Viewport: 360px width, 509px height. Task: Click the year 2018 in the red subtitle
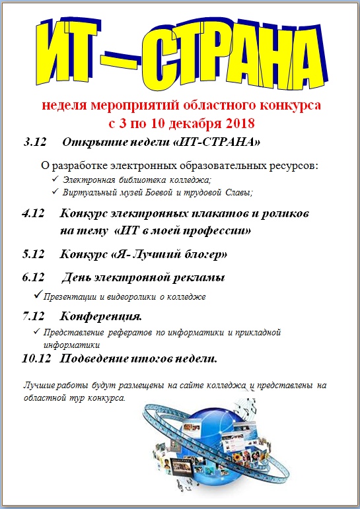click(x=236, y=123)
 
